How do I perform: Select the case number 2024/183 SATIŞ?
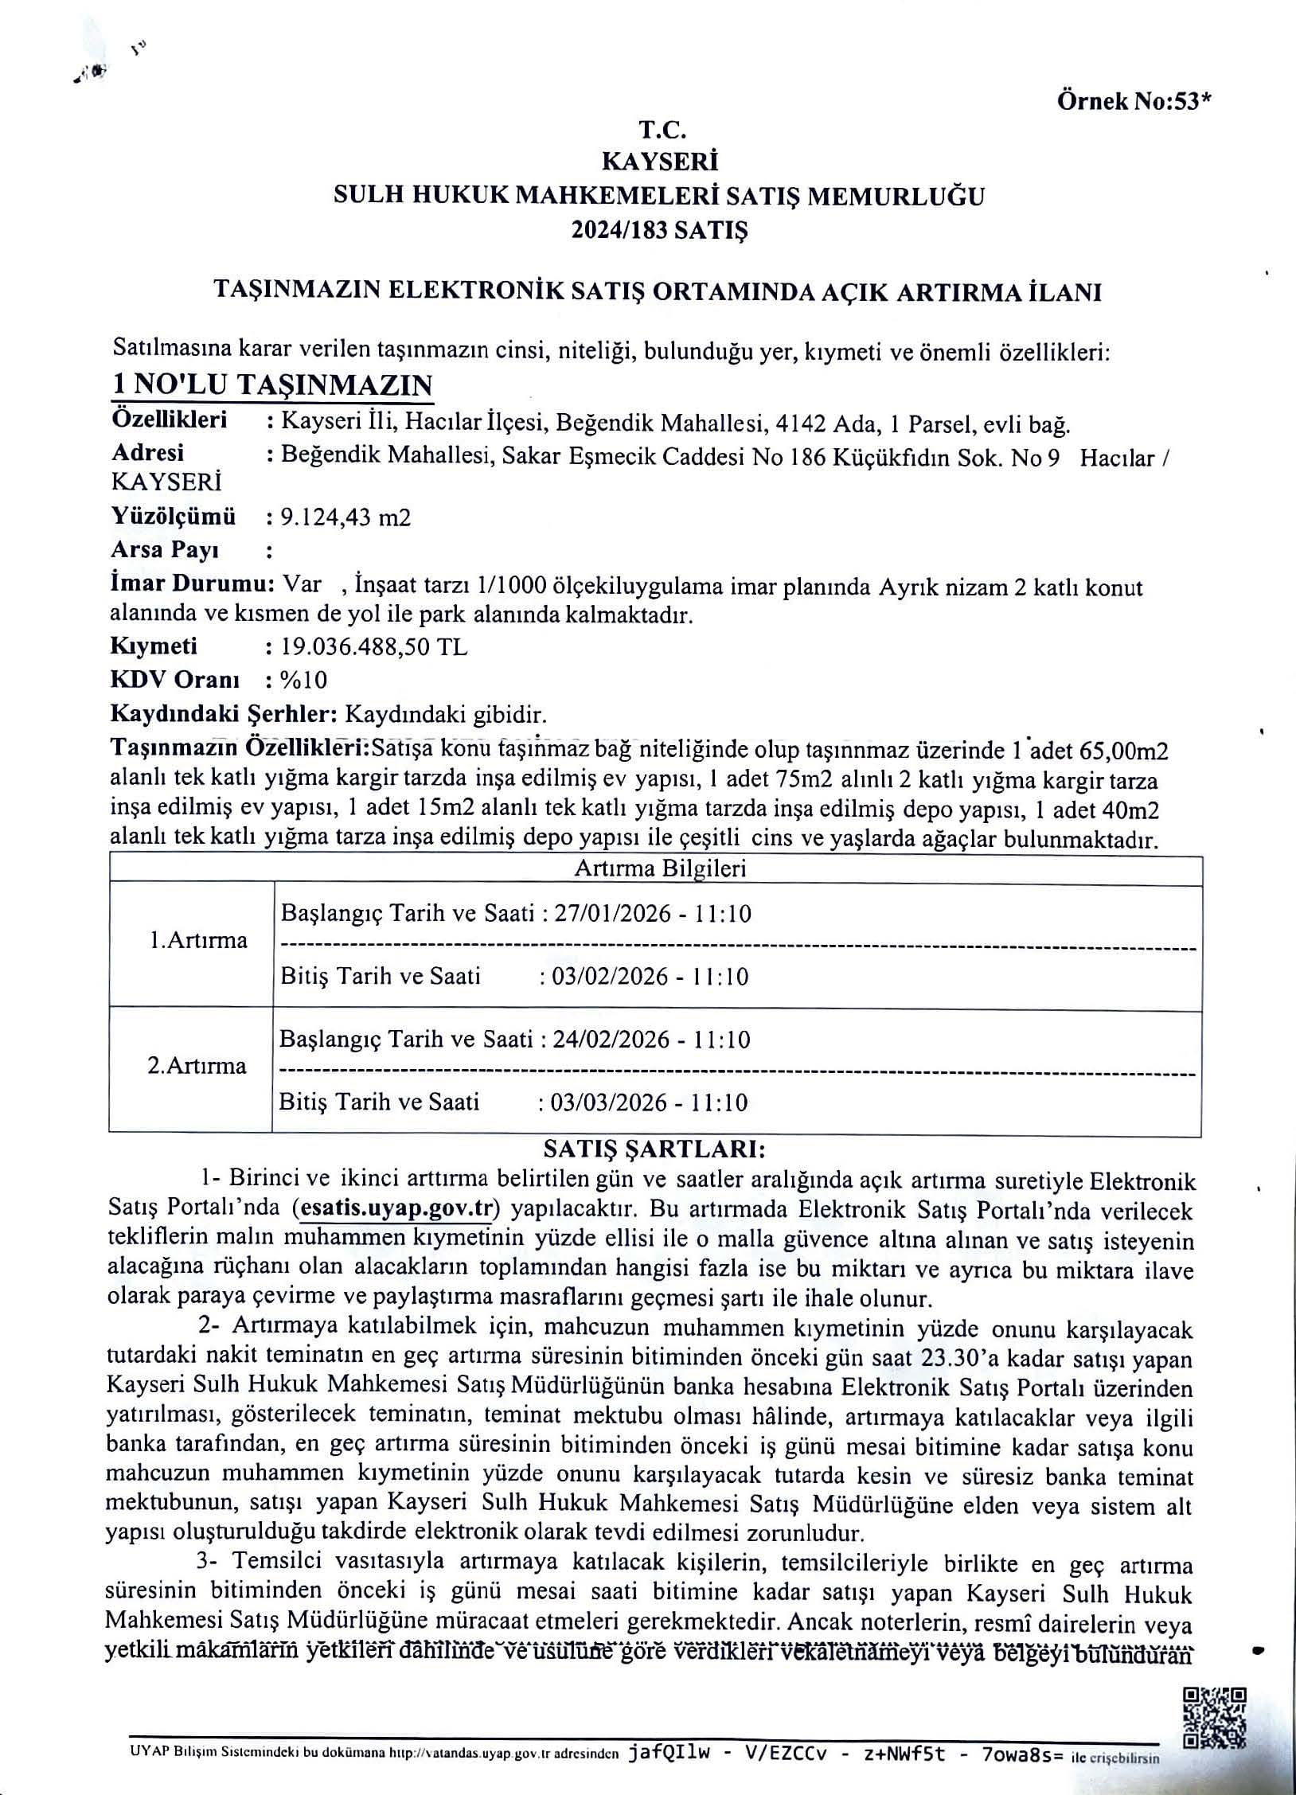click(x=660, y=231)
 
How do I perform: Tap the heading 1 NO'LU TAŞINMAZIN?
click(x=272, y=385)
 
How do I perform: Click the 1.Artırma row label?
click(x=198, y=940)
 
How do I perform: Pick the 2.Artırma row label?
click(x=197, y=1066)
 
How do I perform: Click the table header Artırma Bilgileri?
click(x=660, y=868)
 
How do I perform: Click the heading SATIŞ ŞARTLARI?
click(x=654, y=1149)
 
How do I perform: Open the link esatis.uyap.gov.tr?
click(x=395, y=1208)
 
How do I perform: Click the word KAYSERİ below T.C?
click(x=660, y=162)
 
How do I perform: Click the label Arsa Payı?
click(x=166, y=550)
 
